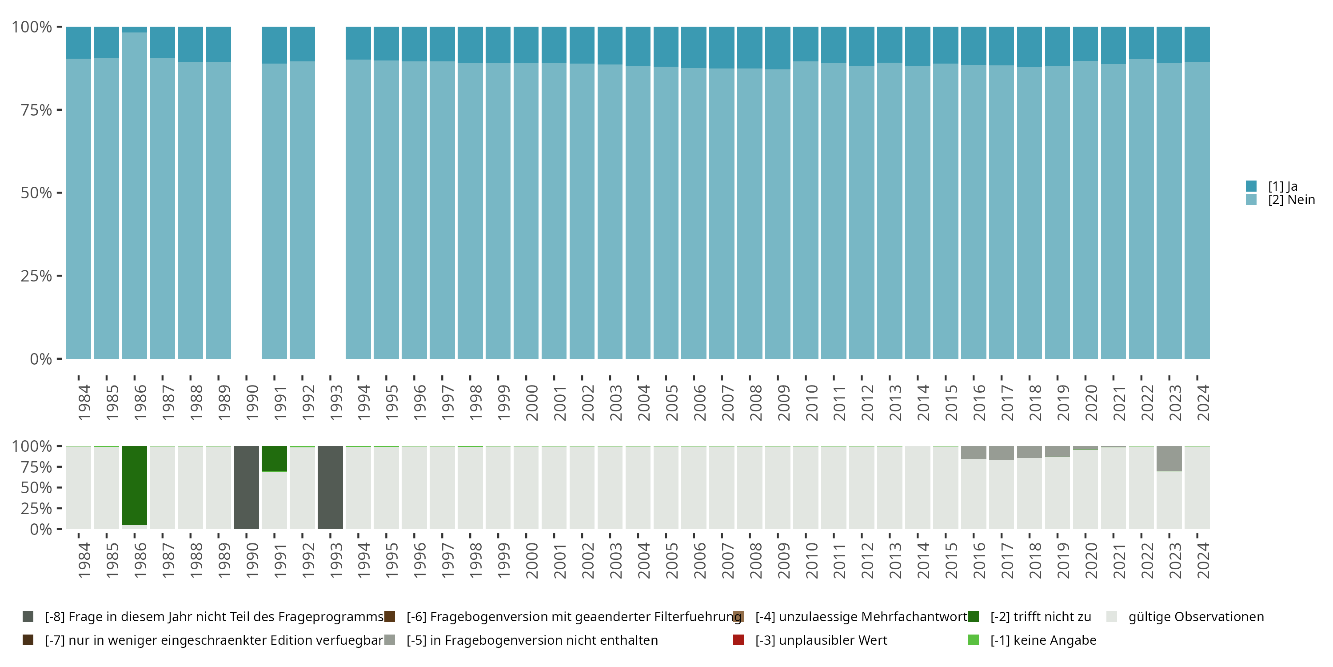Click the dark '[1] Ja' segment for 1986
point(135,29)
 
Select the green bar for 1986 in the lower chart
point(135,485)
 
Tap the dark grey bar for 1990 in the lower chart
point(246,487)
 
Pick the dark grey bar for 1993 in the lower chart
point(330,487)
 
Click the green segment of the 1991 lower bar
point(274,459)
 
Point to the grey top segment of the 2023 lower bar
point(1169,458)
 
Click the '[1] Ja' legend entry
point(1282,186)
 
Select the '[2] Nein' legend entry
point(1291,200)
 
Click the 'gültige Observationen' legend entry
point(1195,617)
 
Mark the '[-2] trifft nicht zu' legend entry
point(1040,617)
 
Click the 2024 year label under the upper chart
point(1203,402)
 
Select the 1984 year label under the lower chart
point(84,560)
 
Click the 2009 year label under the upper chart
point(783,402)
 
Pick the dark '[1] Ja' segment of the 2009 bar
point(778,48)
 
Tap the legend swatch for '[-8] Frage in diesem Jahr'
point(28,617)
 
